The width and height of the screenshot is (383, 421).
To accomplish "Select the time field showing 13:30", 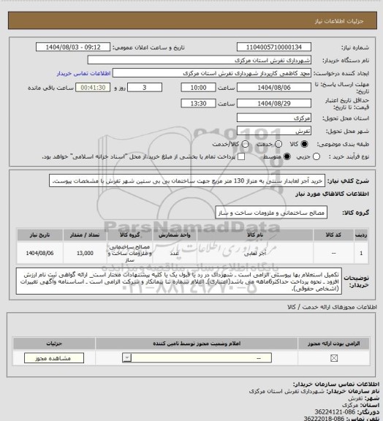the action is [198, 104].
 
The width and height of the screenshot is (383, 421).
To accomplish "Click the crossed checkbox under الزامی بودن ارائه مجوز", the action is [334, 358].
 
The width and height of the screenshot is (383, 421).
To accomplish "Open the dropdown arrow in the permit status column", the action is [126, 358].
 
